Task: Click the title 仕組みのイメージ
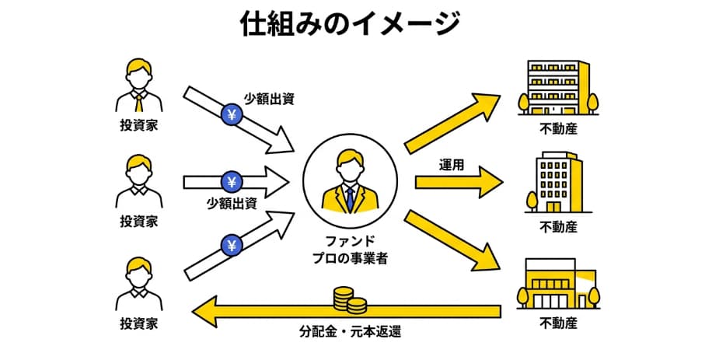click(x=349, y=24)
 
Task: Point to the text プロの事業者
click(x=349, y=257)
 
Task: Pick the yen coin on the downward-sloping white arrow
click(x=233, y=115)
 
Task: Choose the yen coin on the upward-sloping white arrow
click(x=231, y=246)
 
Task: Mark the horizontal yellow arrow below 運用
click(x=459, y=182)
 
